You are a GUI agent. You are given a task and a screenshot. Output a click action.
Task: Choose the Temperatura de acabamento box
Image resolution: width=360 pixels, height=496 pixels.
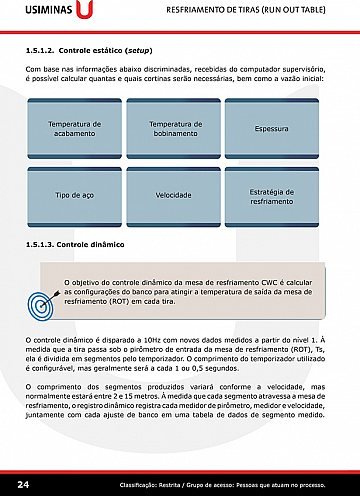tap(76, 128)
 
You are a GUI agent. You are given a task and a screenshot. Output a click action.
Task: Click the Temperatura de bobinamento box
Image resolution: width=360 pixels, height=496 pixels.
tap(176, 128)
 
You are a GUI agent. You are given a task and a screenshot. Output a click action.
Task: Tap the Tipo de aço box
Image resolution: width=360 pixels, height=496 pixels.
tap(76, 194)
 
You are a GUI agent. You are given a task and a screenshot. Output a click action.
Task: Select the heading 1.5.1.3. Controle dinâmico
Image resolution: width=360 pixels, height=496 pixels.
tap(77, 244)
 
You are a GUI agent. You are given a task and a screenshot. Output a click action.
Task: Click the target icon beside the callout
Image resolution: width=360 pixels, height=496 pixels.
tap(43, 301)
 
